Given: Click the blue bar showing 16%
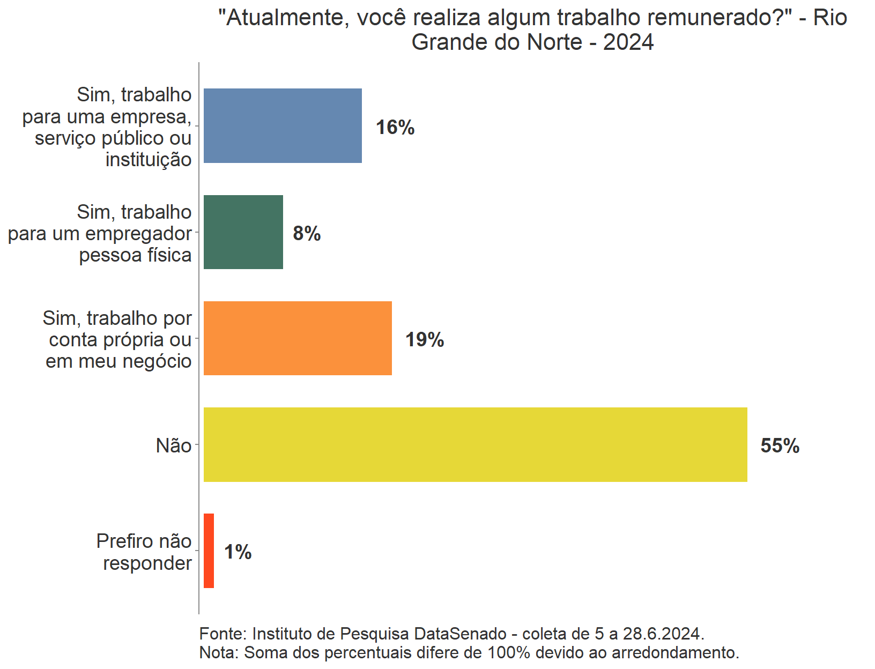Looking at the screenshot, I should pos(283,125).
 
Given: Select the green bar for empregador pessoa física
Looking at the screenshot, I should pos(243,232).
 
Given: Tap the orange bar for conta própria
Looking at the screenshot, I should pos(298,338).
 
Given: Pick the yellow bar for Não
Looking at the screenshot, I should pos(475,444).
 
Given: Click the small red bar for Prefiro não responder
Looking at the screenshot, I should pos(209,551).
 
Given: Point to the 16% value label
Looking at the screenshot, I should pos(395,128).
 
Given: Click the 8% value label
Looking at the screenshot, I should pos(307,234).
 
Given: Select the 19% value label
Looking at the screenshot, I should pos(425,340).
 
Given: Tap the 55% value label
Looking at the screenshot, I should pos(780,446).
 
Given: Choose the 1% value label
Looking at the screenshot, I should pos(238,552).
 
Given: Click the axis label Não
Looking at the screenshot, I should pos(174,445).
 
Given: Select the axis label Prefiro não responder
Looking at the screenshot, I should pos(144,552).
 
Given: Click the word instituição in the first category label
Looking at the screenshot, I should pos(149,160).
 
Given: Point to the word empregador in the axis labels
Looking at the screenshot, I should pos(138,234).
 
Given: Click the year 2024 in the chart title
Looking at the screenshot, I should pos(628,42).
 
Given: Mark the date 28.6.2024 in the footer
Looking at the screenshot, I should pos(663,634).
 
